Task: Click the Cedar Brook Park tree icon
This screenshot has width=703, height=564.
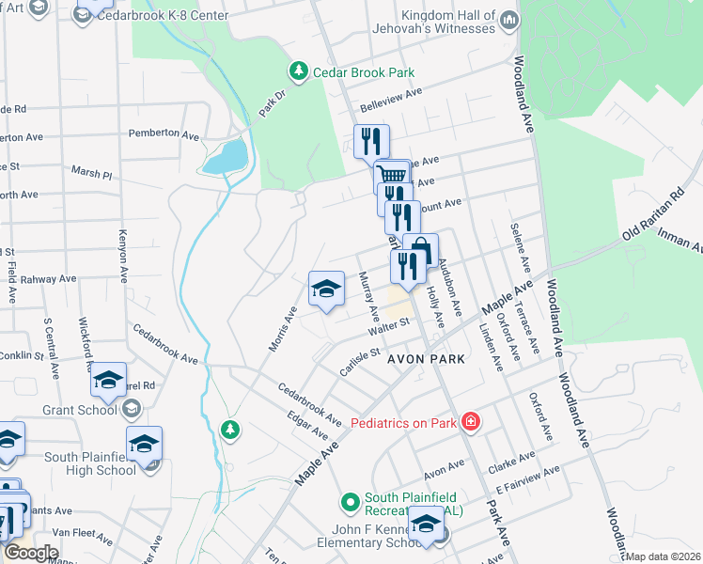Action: coord(298,70)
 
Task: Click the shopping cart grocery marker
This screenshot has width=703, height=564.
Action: coord(391,175)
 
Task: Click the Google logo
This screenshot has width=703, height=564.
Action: coord(32,552)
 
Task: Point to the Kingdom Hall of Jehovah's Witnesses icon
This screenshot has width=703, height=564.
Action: coord(508,19)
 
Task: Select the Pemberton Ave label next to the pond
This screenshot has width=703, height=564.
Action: coord(164,134)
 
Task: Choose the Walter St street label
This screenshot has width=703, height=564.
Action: coord(390,326)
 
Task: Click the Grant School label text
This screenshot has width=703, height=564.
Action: coord(80,410)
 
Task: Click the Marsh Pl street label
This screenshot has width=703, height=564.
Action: coord(91,173)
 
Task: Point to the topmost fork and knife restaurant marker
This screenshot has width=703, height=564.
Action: coord(371,141)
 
